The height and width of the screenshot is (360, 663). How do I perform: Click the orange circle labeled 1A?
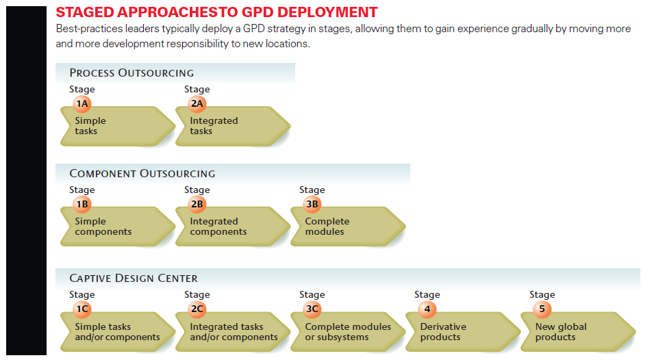pyautogui.click(x=82, y=104)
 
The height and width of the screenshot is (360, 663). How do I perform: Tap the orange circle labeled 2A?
pyautogui.click(x=197, y=104)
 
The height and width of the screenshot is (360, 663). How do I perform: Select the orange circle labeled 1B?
pyautogui.click(x=82, y=204)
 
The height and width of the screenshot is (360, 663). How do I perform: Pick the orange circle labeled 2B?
pyautogui.click(x=197, y=204)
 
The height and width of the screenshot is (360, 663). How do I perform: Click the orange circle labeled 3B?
pyautogui.click(x=312, y=204)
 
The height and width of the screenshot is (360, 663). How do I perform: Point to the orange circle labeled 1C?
pyautogui.click(x=82, y=309)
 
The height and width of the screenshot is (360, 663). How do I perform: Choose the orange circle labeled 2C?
pyautogui.click(x=197, y=309)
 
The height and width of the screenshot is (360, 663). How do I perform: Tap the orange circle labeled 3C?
pyautogui.click(x=312, y=309)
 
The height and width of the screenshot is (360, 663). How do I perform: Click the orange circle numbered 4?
pyautogui.click(x=427, y=309)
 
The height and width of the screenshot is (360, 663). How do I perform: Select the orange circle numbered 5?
pyautogui.click(x=542, y=309)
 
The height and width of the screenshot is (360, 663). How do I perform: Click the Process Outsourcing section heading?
pyautogui.click(x=132, y=73)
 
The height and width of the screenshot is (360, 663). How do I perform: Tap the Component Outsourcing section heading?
pyautogui.click(x=142, y=173)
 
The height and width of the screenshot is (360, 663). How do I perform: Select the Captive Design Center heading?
pyautogui.click(x=134, y=278)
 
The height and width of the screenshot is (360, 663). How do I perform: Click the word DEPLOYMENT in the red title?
pyautogui.click(x=327, y=12)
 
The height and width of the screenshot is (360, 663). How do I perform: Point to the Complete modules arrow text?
pyautogui.click(x=327, y=227)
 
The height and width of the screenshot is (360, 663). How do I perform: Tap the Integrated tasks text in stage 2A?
pyautogui.click(x=214, y=126)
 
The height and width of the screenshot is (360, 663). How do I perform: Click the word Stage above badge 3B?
pyautogui.click(x=312, y=190)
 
